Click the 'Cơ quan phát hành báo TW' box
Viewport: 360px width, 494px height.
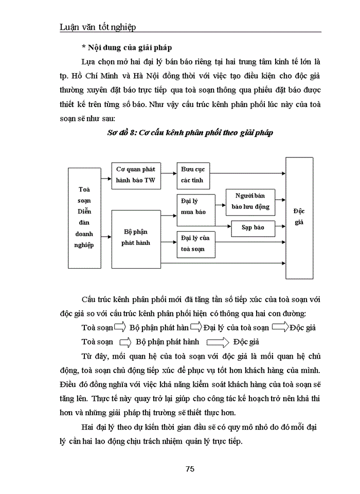click(x=136, y=175)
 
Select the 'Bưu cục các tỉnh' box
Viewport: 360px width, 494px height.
click(x=192, y=175)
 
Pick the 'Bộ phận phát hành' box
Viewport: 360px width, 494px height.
click(x=136, y=238)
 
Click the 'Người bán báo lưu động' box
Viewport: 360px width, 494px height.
click(x=250, y=202)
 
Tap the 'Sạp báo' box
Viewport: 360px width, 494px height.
click(x=253, y=227)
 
